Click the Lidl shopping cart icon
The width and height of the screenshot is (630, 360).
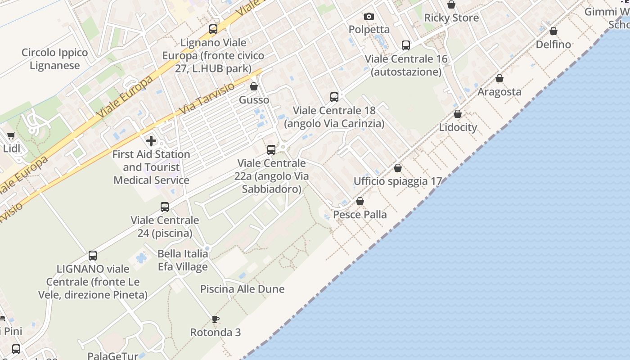click(x=11, y=135)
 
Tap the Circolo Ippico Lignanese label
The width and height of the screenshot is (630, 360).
click(x=55, y=59)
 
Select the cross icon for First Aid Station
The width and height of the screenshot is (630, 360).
click(x=151, y=141)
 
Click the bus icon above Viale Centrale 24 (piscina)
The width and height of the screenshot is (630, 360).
click(x=165, y=207)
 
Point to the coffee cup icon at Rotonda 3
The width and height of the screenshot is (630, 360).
click(x=216, y=319)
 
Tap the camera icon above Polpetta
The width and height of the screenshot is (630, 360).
click(x=369, y=17)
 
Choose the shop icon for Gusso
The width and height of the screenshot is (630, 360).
click(x=254, y=86)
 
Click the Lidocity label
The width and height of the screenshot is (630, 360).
click(x=458, y=127)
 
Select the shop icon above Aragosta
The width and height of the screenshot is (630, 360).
click(x=499, y=79)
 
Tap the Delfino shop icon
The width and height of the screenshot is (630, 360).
click(x=553, y=31)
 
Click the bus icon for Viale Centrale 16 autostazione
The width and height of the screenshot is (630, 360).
click(x=406, y=45)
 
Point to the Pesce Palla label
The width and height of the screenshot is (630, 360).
click(x=360, y=215)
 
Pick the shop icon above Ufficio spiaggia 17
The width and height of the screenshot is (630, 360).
click(x=398, y=168)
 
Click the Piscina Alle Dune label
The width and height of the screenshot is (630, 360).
click(x=242, y=289)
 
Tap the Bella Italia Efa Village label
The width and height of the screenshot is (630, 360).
click(x=183, y=260)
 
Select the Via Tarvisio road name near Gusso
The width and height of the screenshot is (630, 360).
click(x=207, y=98)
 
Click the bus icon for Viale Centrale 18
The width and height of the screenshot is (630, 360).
click(x=334, y=97)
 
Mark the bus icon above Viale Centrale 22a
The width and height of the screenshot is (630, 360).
click(x=271, y=150)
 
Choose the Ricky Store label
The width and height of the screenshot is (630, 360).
click(x=451, y=18)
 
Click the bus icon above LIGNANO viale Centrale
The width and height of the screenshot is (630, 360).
click(x=93, y=256)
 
